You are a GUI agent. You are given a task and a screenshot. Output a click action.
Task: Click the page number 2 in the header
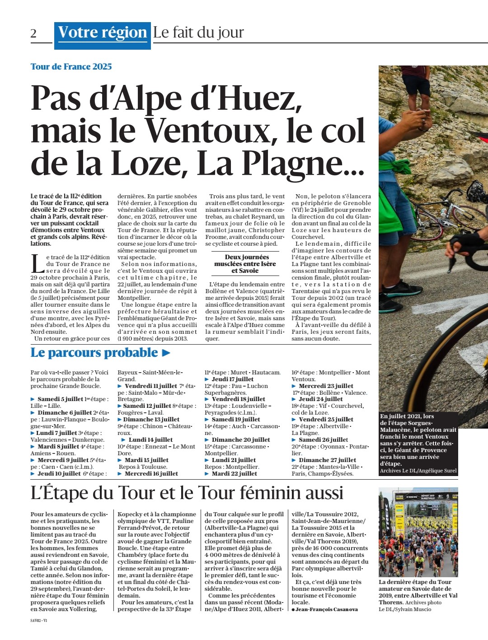(x=33, y=33)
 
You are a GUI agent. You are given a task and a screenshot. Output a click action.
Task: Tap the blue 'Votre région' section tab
(x=103, y=33)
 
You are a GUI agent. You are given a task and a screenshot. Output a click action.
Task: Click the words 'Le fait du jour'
(x=198, y=33)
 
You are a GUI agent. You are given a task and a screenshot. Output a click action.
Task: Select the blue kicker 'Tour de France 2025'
(x=71, y=67)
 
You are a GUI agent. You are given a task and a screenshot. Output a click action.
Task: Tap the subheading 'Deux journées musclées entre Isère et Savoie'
(x=245, y=264)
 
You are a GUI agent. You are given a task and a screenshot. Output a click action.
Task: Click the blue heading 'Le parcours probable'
(x=94, y=353)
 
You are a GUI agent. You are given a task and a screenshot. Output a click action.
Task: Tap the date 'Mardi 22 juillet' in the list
(x=234, y=474)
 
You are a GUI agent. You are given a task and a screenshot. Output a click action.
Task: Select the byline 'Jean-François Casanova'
(x=326, y=609)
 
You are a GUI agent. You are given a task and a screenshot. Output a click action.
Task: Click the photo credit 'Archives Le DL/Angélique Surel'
(x=418, y=471)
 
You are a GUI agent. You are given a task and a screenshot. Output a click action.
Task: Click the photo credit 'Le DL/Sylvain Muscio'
(x=405, y=609)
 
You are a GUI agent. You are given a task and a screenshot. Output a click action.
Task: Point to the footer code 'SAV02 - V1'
(x=39, y=621)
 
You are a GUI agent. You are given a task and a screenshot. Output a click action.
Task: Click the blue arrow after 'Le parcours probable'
(x=166, y=353)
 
